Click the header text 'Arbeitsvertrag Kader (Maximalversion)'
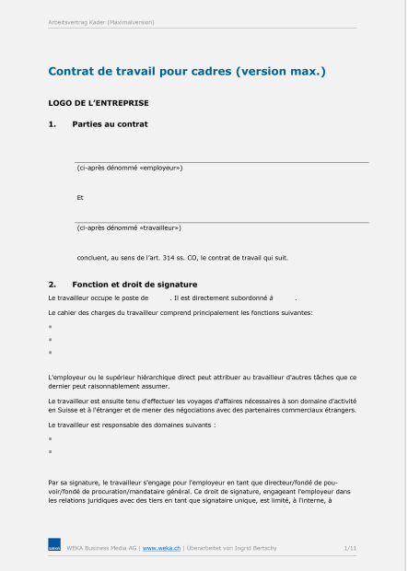click(101, 21)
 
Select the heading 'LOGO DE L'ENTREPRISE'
click(98, 102)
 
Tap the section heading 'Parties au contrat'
click(110, 123)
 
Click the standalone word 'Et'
click(81, 197)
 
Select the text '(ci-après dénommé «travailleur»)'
click(129, 227)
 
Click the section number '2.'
click(52, 284)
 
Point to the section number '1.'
click(52, 123)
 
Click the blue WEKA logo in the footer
click(54, 548)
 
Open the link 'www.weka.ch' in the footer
click(161, 548)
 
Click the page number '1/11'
click(350, 548)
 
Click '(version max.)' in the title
click(281, 71)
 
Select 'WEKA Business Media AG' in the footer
click(101, 548)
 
